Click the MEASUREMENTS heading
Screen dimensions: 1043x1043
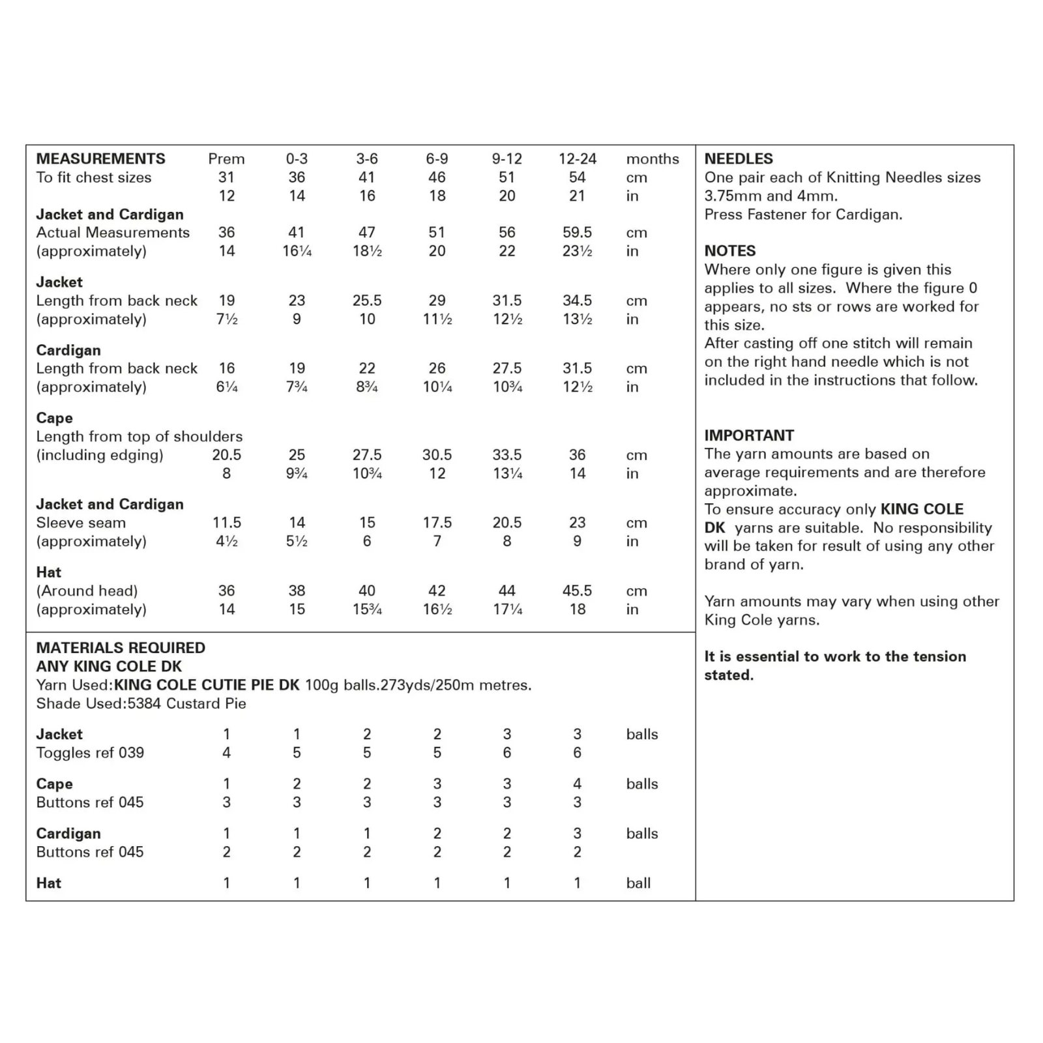(100, 158)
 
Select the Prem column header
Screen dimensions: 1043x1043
(226, 158)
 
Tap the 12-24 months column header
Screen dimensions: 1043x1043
(577, 158)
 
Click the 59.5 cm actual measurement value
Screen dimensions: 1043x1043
(577, 233)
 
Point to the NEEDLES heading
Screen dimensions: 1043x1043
(739, 158)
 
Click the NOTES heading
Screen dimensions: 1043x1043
(730, 251)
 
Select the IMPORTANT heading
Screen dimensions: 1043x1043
(749, 435)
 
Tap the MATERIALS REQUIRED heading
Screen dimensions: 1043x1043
(121, 648)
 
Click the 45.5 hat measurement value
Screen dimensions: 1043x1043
(577, 591)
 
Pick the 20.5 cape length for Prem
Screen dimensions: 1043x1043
(226, 455)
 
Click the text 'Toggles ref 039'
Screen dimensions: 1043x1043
(90, 753)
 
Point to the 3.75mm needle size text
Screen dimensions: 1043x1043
(728, 196)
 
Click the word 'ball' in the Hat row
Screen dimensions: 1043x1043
(638, 883)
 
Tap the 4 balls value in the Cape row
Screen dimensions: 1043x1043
(577, 784)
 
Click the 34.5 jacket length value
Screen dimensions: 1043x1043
(577, 301)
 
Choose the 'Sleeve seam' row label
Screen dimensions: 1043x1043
(81, 523)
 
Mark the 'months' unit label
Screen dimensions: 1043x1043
(652, 158)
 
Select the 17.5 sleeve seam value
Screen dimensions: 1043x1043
(437, 523)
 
